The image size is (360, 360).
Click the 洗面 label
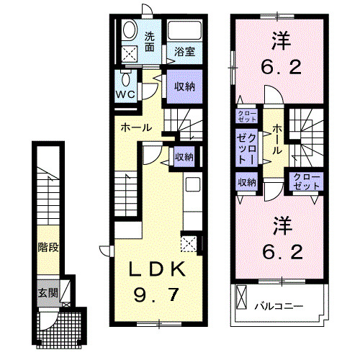tap(150, 41)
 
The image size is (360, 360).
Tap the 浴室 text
tap(184, 52)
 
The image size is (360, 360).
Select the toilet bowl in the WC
tap(127, 78)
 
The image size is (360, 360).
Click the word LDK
tap(159, 270)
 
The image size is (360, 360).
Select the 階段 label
tap(48, 248)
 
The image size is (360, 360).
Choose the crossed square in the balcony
tap(241, 297)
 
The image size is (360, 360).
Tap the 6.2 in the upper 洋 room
tap(276, 70)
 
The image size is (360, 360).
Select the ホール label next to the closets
tap(277, 139)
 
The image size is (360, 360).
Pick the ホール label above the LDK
tap(135, 127)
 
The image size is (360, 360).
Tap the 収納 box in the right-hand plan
tap(246, 183)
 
